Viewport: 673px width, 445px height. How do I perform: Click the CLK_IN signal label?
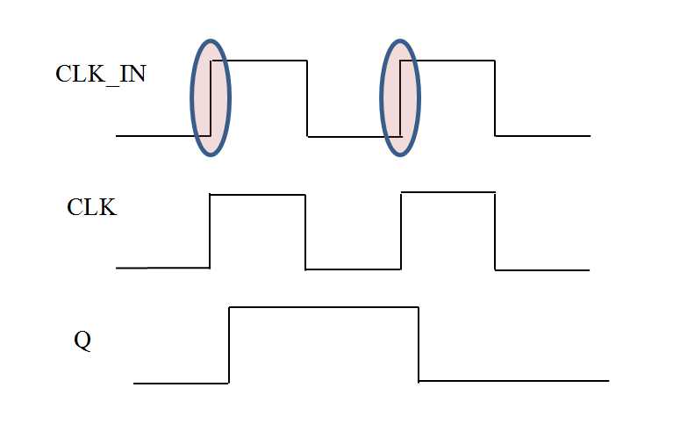tap(101, 74)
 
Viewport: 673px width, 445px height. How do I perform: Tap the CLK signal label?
tap(92, 208)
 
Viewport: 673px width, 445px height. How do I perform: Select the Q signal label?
tap(82, 341)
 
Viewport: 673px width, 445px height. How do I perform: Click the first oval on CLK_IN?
tap(211, 98)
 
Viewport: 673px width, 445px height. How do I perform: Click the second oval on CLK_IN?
tap(400, 98)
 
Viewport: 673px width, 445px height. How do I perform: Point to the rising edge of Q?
tap(229, 345)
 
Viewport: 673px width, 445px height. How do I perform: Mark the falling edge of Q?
tap(419, 344)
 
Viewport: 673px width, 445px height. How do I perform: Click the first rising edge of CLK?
tap(210, 231)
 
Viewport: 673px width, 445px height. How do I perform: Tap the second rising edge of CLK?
tap(401, 231)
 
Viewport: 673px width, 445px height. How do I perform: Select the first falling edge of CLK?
tap(305, 232)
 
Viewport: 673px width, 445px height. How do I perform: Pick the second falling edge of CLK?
tap(495, 231)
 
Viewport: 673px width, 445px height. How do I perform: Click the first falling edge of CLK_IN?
tap(307, 98)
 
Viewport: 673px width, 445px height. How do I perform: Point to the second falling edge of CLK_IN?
tap(496, 98)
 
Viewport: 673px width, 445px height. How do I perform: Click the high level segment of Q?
tap(324, 307)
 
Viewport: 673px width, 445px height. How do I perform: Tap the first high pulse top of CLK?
tap(257, 194)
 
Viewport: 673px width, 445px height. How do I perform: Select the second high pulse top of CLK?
tap(447, 192)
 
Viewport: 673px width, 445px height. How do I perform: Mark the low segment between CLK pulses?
tap(353, 269)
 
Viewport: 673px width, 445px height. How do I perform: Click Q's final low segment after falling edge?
tap(513, 381)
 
